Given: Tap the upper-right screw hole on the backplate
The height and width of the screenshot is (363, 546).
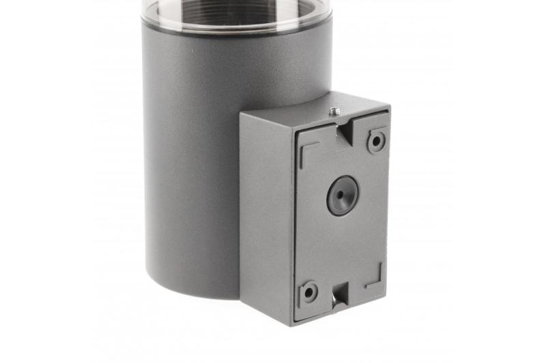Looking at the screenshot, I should point(376,142).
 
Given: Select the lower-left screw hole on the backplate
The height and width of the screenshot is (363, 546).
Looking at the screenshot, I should point(309,291).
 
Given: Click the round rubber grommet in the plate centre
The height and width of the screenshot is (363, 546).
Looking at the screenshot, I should point(342,195).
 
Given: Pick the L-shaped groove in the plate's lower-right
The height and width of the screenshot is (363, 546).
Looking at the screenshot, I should point(375,278).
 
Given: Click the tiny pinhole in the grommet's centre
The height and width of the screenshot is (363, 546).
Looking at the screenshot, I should point(342,195).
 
